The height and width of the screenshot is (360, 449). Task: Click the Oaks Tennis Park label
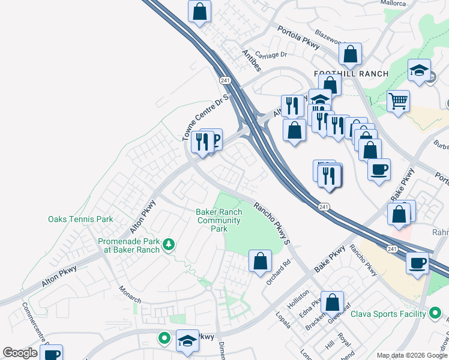click(80, 220)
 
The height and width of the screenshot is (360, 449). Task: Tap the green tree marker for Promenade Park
click(169, 244)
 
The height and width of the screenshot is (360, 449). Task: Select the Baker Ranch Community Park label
click(220, 220)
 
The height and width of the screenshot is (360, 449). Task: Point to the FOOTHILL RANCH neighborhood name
click(351, 74)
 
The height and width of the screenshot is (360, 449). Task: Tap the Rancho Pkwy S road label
click(272, 221)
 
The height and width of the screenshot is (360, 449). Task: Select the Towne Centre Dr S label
click(206, 118)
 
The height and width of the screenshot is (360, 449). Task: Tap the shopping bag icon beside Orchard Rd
click(260, 262)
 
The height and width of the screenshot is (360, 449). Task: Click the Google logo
click(20, 353)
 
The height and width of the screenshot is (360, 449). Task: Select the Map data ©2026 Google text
click(412, 355)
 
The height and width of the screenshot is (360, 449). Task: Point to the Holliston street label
click(298, 299)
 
